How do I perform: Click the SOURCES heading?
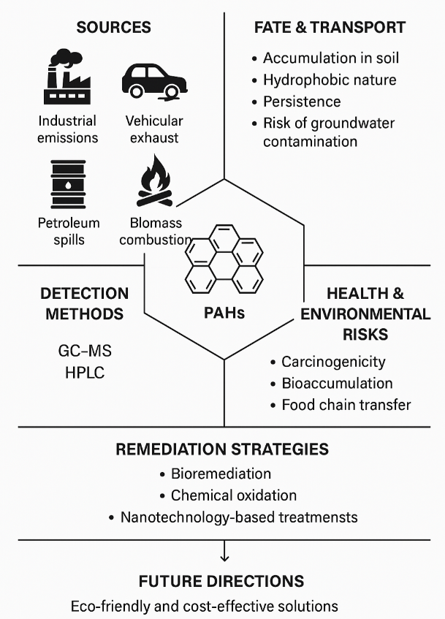113,28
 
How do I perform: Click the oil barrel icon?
68,184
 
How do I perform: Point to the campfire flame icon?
153,183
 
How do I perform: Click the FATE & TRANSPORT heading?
330,28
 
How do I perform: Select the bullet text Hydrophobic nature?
330,80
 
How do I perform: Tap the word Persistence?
302,100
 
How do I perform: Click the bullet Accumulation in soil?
331,58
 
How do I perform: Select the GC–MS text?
85,352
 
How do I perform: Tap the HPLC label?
85,373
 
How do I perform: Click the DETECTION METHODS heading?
84,303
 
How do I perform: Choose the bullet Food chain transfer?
346,404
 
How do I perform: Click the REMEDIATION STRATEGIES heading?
222,449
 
